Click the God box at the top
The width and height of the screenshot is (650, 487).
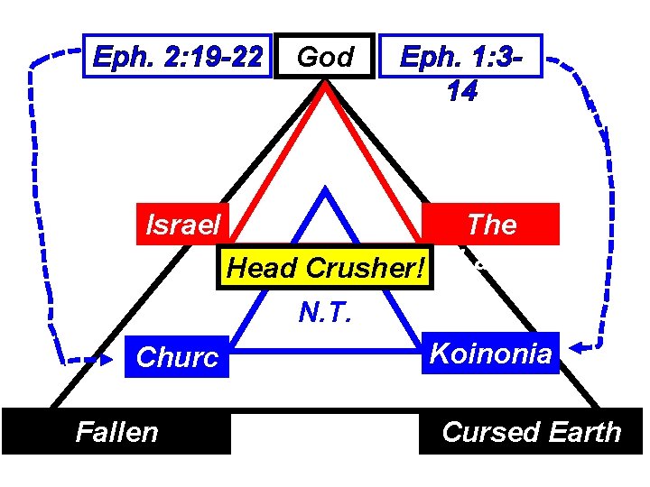coord(325,58)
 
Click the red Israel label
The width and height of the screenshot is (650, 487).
coord(183,225)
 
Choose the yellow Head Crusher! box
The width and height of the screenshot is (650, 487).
coord(327,269)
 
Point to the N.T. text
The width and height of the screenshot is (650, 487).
coord(325,311)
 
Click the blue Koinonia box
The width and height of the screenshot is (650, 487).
coord(490,353)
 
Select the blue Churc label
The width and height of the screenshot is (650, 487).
coord(178,358)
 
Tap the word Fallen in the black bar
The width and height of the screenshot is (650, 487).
coord(117,432)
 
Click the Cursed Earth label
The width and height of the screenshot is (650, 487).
coord(532,432)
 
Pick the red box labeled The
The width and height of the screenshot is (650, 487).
coord(492,225)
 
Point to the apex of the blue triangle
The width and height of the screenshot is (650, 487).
coord(326,191)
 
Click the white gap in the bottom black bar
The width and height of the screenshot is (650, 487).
coord(326,432)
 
